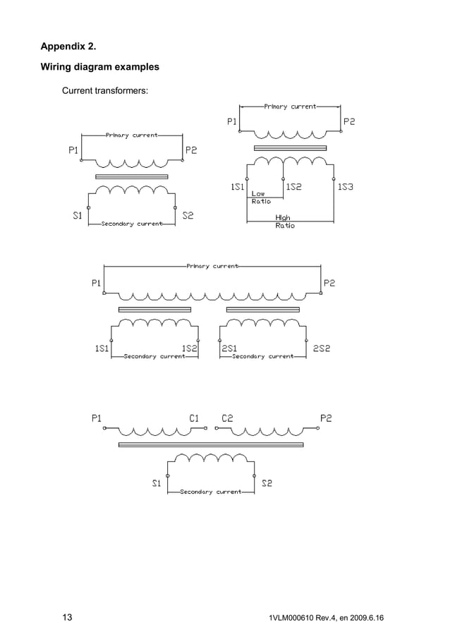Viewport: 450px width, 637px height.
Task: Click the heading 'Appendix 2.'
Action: click(68, 47)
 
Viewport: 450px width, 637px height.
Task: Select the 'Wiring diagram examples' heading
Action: click(99, 67)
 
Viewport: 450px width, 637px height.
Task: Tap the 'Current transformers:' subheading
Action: click(104, 90)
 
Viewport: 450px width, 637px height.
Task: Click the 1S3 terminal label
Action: click(345, 187)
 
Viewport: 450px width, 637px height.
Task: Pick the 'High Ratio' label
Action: click(284, 222)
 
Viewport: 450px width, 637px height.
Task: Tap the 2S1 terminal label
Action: click(229, 348)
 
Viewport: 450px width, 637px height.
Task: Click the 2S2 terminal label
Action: click(322, 348)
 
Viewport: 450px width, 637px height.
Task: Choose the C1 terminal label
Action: click(194, 418)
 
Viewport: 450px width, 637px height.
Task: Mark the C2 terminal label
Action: click(227, 418)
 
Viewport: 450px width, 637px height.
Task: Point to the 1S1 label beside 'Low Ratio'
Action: click(237, 187)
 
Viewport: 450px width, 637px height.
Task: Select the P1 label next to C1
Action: click(97, 418)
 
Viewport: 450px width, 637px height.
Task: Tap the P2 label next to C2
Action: click(326, 418)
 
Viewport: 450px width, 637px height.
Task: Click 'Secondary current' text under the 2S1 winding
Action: click(262, 356)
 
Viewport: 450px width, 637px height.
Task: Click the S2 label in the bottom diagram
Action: click(267, 483)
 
